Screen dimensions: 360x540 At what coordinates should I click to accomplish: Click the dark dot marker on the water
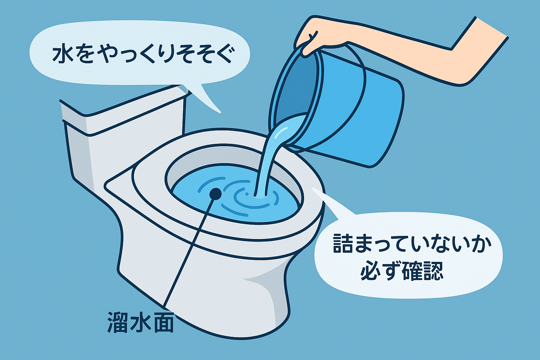click(x=215, y=193)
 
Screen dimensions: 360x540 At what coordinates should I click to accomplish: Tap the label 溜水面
click(x=140, y=322)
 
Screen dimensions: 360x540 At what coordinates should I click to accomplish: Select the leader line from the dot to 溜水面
click(x=190, y=250)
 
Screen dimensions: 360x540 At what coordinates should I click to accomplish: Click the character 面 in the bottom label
click(x=164, y=322)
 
